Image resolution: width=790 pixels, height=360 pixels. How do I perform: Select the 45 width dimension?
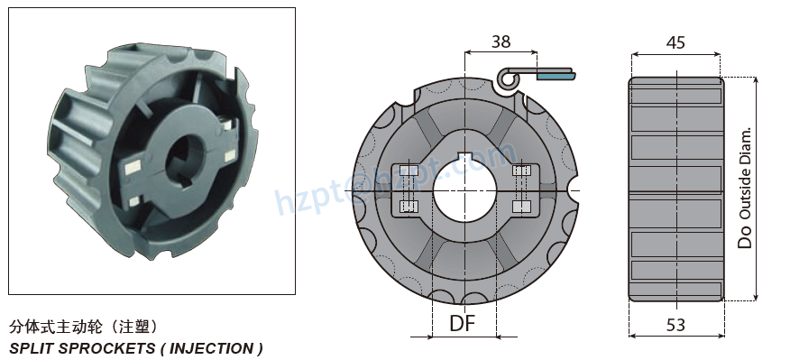click(x=675, y=42)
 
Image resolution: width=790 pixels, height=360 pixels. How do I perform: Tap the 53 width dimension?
click(x=675, y=326)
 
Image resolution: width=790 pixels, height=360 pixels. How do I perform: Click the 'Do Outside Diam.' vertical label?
click(x=745, y=188)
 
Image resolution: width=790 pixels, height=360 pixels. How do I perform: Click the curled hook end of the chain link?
click(x=509, y=80)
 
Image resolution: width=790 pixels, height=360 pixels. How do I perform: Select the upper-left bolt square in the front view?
click(x=407, y=171)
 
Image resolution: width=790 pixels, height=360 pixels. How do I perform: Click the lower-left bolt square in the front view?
click(x=407, y=208)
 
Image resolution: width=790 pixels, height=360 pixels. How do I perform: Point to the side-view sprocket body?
click(x=675, y=189)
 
